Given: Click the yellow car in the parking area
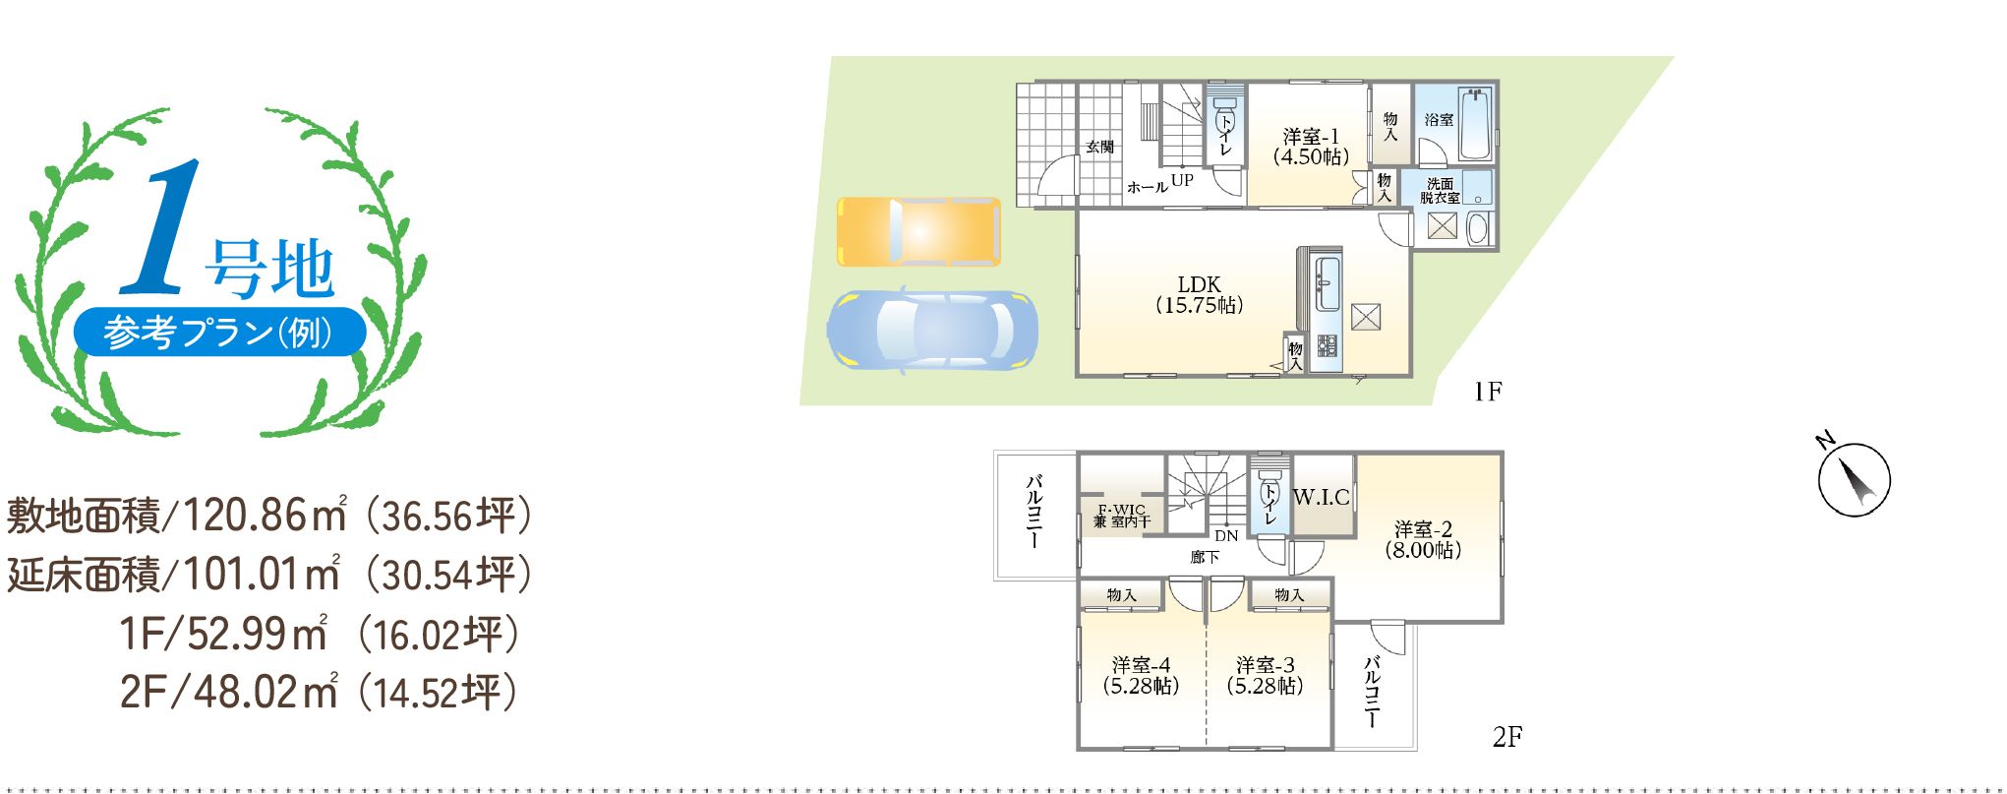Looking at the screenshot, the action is click(918, 231).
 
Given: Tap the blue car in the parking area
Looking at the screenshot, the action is click(931, 330).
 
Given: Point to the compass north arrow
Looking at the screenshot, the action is click(1854, 479).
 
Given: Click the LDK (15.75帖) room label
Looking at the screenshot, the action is click(1199, 295).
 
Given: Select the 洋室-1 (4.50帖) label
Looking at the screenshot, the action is click(1311, 147).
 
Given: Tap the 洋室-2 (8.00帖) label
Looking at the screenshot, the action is click(1423, 540).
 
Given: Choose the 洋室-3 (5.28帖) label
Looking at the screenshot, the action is click(1266, 676).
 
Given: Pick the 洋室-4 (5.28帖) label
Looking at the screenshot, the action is click(1141, 676).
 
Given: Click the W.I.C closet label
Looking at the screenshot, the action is click(1321, 497).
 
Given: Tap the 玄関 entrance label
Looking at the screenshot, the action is click(1100, 147).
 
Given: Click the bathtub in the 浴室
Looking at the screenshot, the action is click(1475, 125).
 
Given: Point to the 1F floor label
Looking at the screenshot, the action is click(1487, 392).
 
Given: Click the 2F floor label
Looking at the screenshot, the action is click(1506, 736).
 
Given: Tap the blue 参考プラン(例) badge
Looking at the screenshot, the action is click(220, 332).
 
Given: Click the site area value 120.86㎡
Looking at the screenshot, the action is click(266, 515).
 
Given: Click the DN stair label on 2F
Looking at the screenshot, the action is click(1226, 536).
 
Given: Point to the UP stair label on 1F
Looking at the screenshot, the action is click(1182, 180).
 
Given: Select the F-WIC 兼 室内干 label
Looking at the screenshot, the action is click(1122, 517).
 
